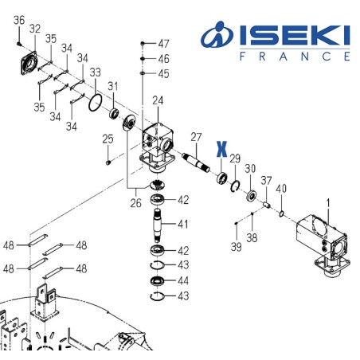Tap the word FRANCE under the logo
(x=294, y=57)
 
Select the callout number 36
(x=19, y=20)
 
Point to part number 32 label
(x=34, y=29)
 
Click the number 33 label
(x=95, y=73)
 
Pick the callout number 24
(x=157, y=100)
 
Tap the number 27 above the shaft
(x=196, y=136)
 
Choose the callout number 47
(x=163, y=43)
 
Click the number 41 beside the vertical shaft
(x=182, y=223)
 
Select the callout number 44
(x=182, y=282)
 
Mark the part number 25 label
(x=108, y=140)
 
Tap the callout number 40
(x=281, y=188)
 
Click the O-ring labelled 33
(x=94, y=101)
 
